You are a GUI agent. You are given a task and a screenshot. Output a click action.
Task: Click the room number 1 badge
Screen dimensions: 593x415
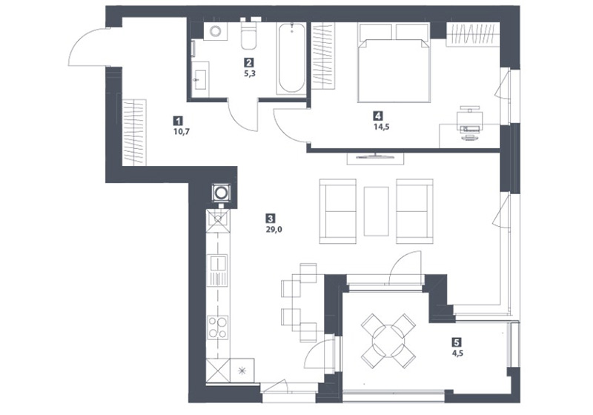177,121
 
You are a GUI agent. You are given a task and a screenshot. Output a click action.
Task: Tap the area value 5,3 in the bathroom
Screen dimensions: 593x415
250,73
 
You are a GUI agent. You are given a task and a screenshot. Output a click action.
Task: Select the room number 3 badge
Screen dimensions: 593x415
270,218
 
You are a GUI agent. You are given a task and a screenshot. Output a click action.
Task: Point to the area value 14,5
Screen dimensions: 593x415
382,127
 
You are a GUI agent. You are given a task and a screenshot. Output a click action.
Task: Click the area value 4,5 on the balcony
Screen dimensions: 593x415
457,353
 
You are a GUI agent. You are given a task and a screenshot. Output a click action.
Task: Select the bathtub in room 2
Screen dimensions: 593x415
291,58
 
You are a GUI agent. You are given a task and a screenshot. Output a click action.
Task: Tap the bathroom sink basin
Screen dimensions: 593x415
199,79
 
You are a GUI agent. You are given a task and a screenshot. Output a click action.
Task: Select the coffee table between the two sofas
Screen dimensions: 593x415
376,211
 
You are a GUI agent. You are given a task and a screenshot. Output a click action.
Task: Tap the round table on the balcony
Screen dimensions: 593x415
388,340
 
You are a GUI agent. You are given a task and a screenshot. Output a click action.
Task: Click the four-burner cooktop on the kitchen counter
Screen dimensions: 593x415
218,327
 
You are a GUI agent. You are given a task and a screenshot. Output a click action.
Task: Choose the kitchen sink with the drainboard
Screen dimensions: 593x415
218,270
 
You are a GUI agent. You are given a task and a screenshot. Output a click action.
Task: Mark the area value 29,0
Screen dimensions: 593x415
274,229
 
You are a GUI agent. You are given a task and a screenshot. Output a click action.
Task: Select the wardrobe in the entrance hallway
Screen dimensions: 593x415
134,133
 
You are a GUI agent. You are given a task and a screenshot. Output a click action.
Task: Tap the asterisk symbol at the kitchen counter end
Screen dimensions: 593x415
242,371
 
